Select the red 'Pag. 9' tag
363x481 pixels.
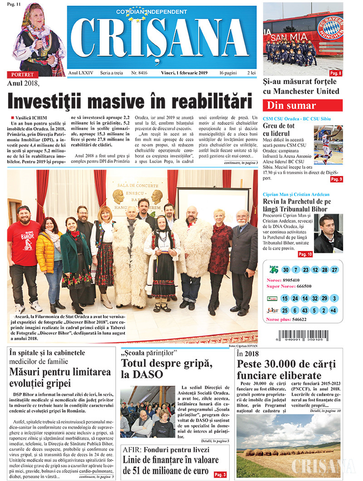pos(336,180)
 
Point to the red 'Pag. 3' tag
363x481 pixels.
pos(220,475)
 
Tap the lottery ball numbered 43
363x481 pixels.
pos(304,311)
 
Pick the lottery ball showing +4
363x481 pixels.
pos(334,311)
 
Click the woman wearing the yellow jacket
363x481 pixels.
pos(49,259)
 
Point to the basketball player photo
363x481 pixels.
pos(329,145)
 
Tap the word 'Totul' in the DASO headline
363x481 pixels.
pos(137,363)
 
